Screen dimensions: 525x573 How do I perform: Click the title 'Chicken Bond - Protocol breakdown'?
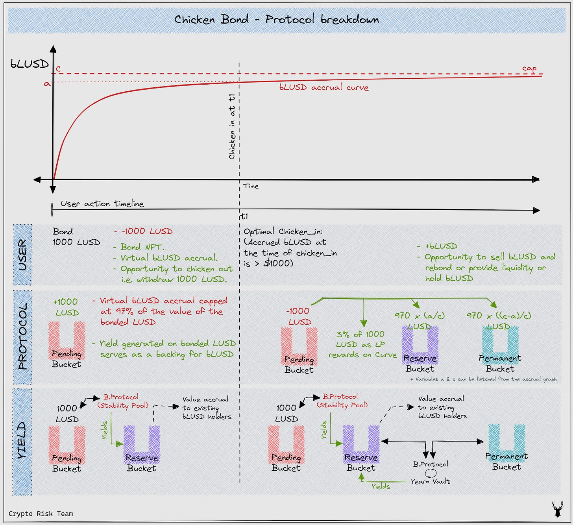pos(276,19)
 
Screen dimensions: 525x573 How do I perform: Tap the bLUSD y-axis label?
pos(30,64)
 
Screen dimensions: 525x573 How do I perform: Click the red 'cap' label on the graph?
pos(529,68)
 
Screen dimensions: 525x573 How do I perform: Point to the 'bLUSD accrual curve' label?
pos(324,87)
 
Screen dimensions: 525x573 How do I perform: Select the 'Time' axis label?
pos(251,186)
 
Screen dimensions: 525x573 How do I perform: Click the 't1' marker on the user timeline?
pos(244,216)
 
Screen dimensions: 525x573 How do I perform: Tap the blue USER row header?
pos(22,255)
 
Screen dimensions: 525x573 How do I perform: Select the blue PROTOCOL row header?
pos(22,336)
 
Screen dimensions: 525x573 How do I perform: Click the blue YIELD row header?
pos(22,440)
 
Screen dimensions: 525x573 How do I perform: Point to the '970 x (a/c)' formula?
pos(420,316)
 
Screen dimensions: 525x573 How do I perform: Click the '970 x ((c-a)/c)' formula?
pos(499,316)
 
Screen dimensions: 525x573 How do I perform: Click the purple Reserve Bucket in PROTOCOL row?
pos(420,346)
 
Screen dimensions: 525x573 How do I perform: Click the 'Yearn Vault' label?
pos(431,481)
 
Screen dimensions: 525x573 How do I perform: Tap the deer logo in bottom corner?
pos(557,509)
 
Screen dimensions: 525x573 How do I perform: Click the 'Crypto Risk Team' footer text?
pos(41,514)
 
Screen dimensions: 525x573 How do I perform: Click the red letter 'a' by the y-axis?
pos(47,84)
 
